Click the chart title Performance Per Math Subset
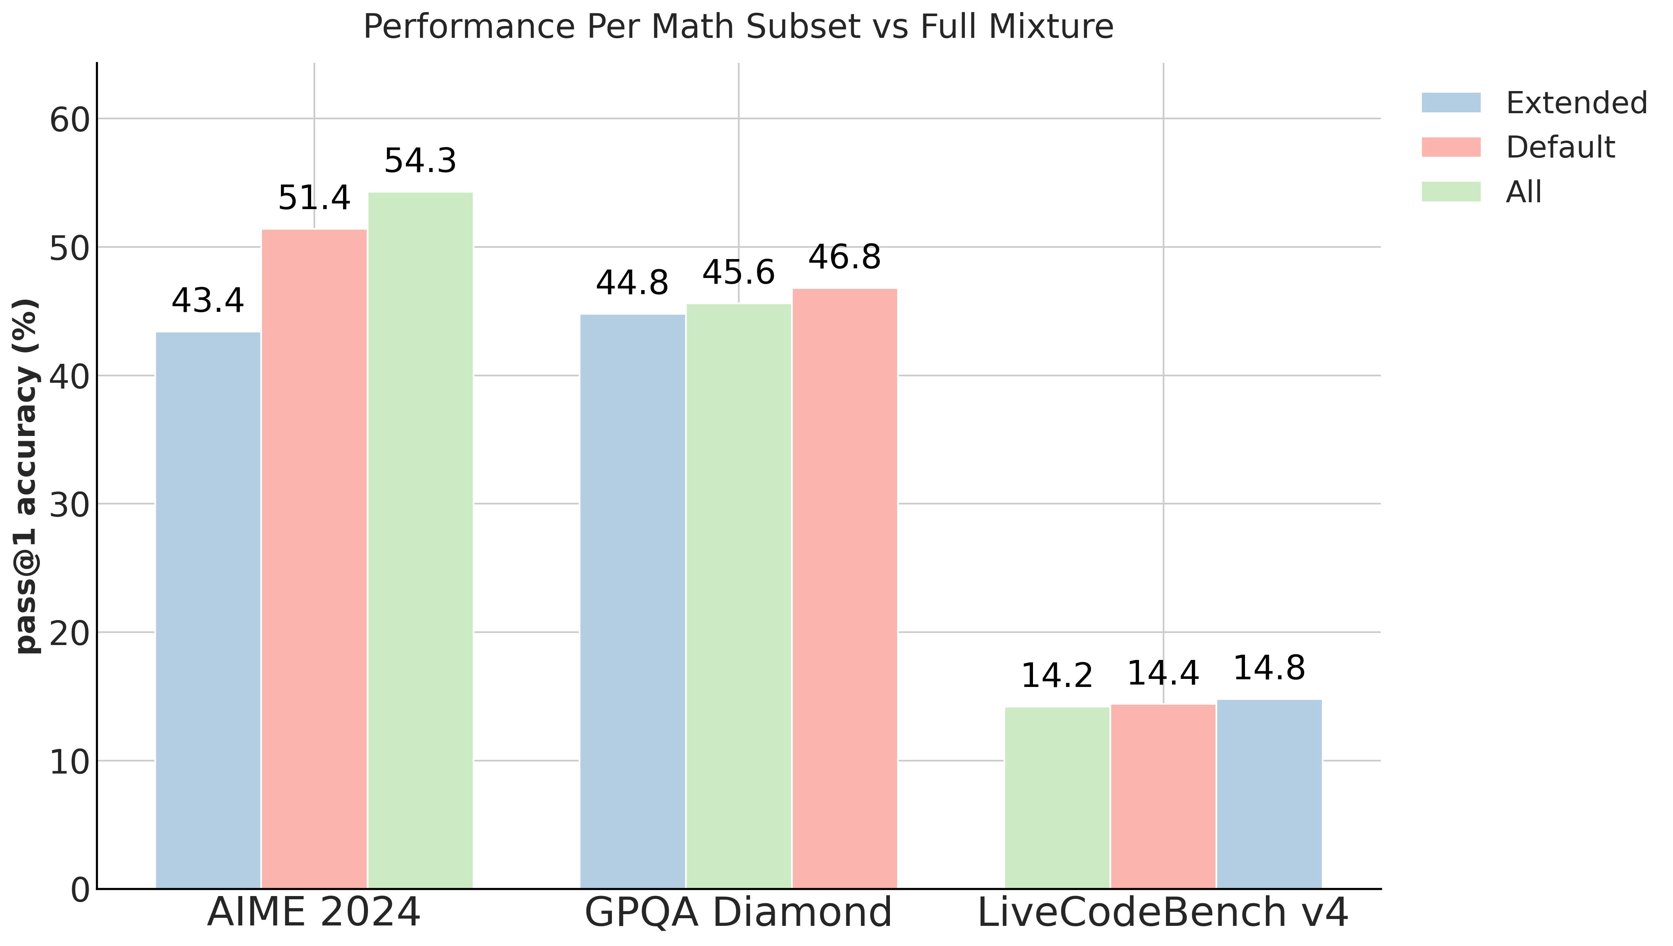pyautogui.click(x=738, y=27)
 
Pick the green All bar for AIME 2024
pyautogui.click(x=420, y=539)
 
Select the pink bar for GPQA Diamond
pyautogui.click(x=844, y=587)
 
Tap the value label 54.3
pyautogui.click(x=420, y=161)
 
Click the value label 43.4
pyautogui.click(x=208, y=301)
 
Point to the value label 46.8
pyautogui.click(x=844, y=257)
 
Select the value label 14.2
pyautogui.click(x=1057, y=676)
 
